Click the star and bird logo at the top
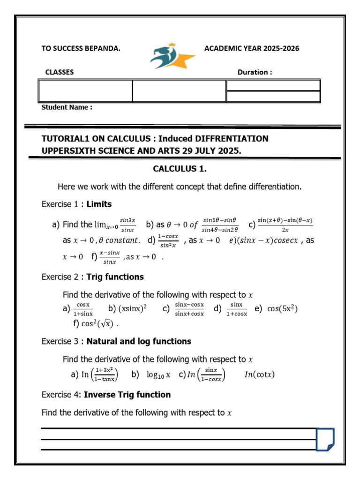tap(172, 57)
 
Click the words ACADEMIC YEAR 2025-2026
tap(252, 48)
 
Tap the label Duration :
tap(255, 72)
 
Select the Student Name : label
tap(67, 107)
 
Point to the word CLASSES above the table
tap(59, 72)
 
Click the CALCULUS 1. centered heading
tap(180, 168)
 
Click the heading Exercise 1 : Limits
tap(77, 204)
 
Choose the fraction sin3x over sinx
tap(127, 225)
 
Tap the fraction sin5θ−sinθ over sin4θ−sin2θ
tap(220, 225)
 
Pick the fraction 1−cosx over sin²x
tap(168, 240)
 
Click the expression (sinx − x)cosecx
tap(267, 240)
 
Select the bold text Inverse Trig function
tap(127, 395)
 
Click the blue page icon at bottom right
tap(325, 440)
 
